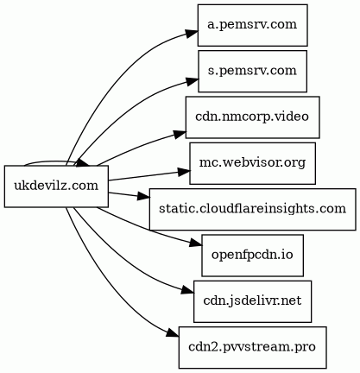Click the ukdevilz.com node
(x=56, y=186)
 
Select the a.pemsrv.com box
(x=252, y=25)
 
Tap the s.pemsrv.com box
(x=252, y=71)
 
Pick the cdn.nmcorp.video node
(x=252, y=117)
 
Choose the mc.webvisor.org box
(x=252, y=163)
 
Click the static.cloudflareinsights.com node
(x=252, y=209)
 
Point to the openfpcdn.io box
(x=252, y=256)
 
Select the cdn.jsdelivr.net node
(x=252, y=301)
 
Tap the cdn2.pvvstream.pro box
(x=252, y=347)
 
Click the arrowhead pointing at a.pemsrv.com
(x=192, y=34)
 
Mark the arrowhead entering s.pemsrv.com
(x=192, y=81)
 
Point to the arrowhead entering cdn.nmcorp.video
(x=180, y=135)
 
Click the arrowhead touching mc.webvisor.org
(x=184, y=172)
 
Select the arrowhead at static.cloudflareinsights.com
(x=143, y=197)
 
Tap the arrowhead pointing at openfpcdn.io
(x=196, y=244)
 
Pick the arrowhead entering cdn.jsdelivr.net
(x=188, y=291)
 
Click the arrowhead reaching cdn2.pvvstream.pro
(x=173, y=334)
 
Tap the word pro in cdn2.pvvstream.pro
(x=306, y=348)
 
